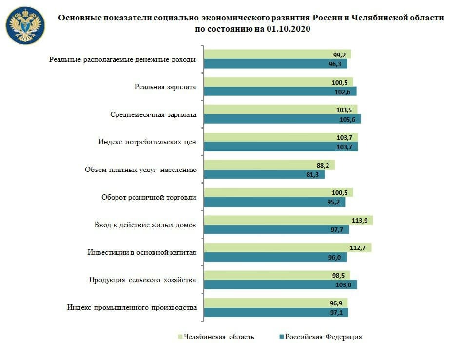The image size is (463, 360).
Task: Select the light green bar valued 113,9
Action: point(288,220)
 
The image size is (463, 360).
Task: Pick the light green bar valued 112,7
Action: point(287,247)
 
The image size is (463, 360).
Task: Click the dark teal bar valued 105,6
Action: point(282,119)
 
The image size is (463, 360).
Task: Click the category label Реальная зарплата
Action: point(165,88)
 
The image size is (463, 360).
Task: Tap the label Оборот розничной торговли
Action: point(149,197)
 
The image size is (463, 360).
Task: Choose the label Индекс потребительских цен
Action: point(147,142)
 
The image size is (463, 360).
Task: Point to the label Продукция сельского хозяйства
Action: point(142,280)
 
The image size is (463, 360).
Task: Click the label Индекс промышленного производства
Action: point(132,307)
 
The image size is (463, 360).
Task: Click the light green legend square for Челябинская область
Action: point(180,337)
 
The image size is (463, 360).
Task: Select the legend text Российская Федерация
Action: point(323,337)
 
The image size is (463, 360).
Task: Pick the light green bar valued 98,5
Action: point(276,275)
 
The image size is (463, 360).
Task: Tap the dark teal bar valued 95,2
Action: point(274,202)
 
